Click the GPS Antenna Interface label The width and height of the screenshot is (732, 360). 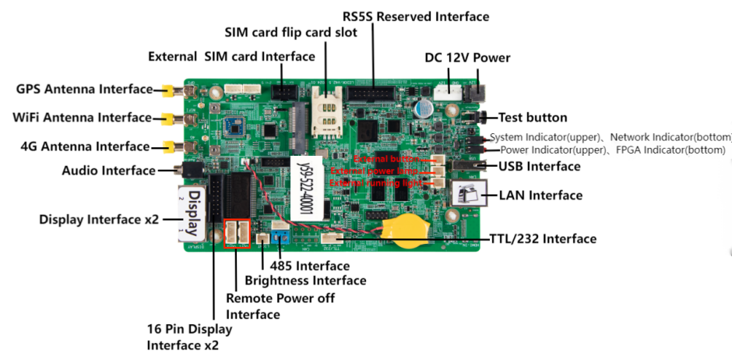[x=84, y=89]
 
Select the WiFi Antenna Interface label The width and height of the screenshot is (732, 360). [x=82, y=118]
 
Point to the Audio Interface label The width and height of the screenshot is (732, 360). [x=108, y=170]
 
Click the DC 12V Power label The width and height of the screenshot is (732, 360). [x=467, y=58]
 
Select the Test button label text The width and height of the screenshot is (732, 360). [x=533, y=118]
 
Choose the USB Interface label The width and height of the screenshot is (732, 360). [x=540, y=166]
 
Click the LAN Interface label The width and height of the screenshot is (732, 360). [x=540, y=195]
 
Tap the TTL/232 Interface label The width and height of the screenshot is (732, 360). [x=543, y=238]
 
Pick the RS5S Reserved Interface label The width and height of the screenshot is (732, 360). [x=416, y=16]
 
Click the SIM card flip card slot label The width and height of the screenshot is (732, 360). [x=291, y=33]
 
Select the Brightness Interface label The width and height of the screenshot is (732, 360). [x=305, y=281]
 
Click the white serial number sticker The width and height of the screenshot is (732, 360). [x=306, y=187]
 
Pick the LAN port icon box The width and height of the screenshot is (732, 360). [x=470, y=195]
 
